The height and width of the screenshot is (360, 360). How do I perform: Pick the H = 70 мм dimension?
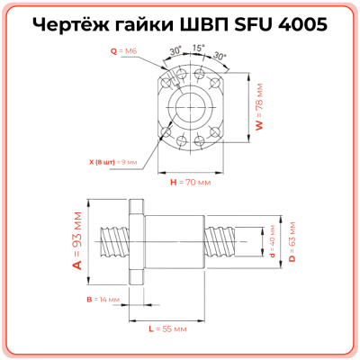pos(190,181)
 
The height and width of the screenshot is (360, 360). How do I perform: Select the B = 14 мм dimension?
pos(94,298)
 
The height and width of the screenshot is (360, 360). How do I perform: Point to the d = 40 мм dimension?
pos(272,240)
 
